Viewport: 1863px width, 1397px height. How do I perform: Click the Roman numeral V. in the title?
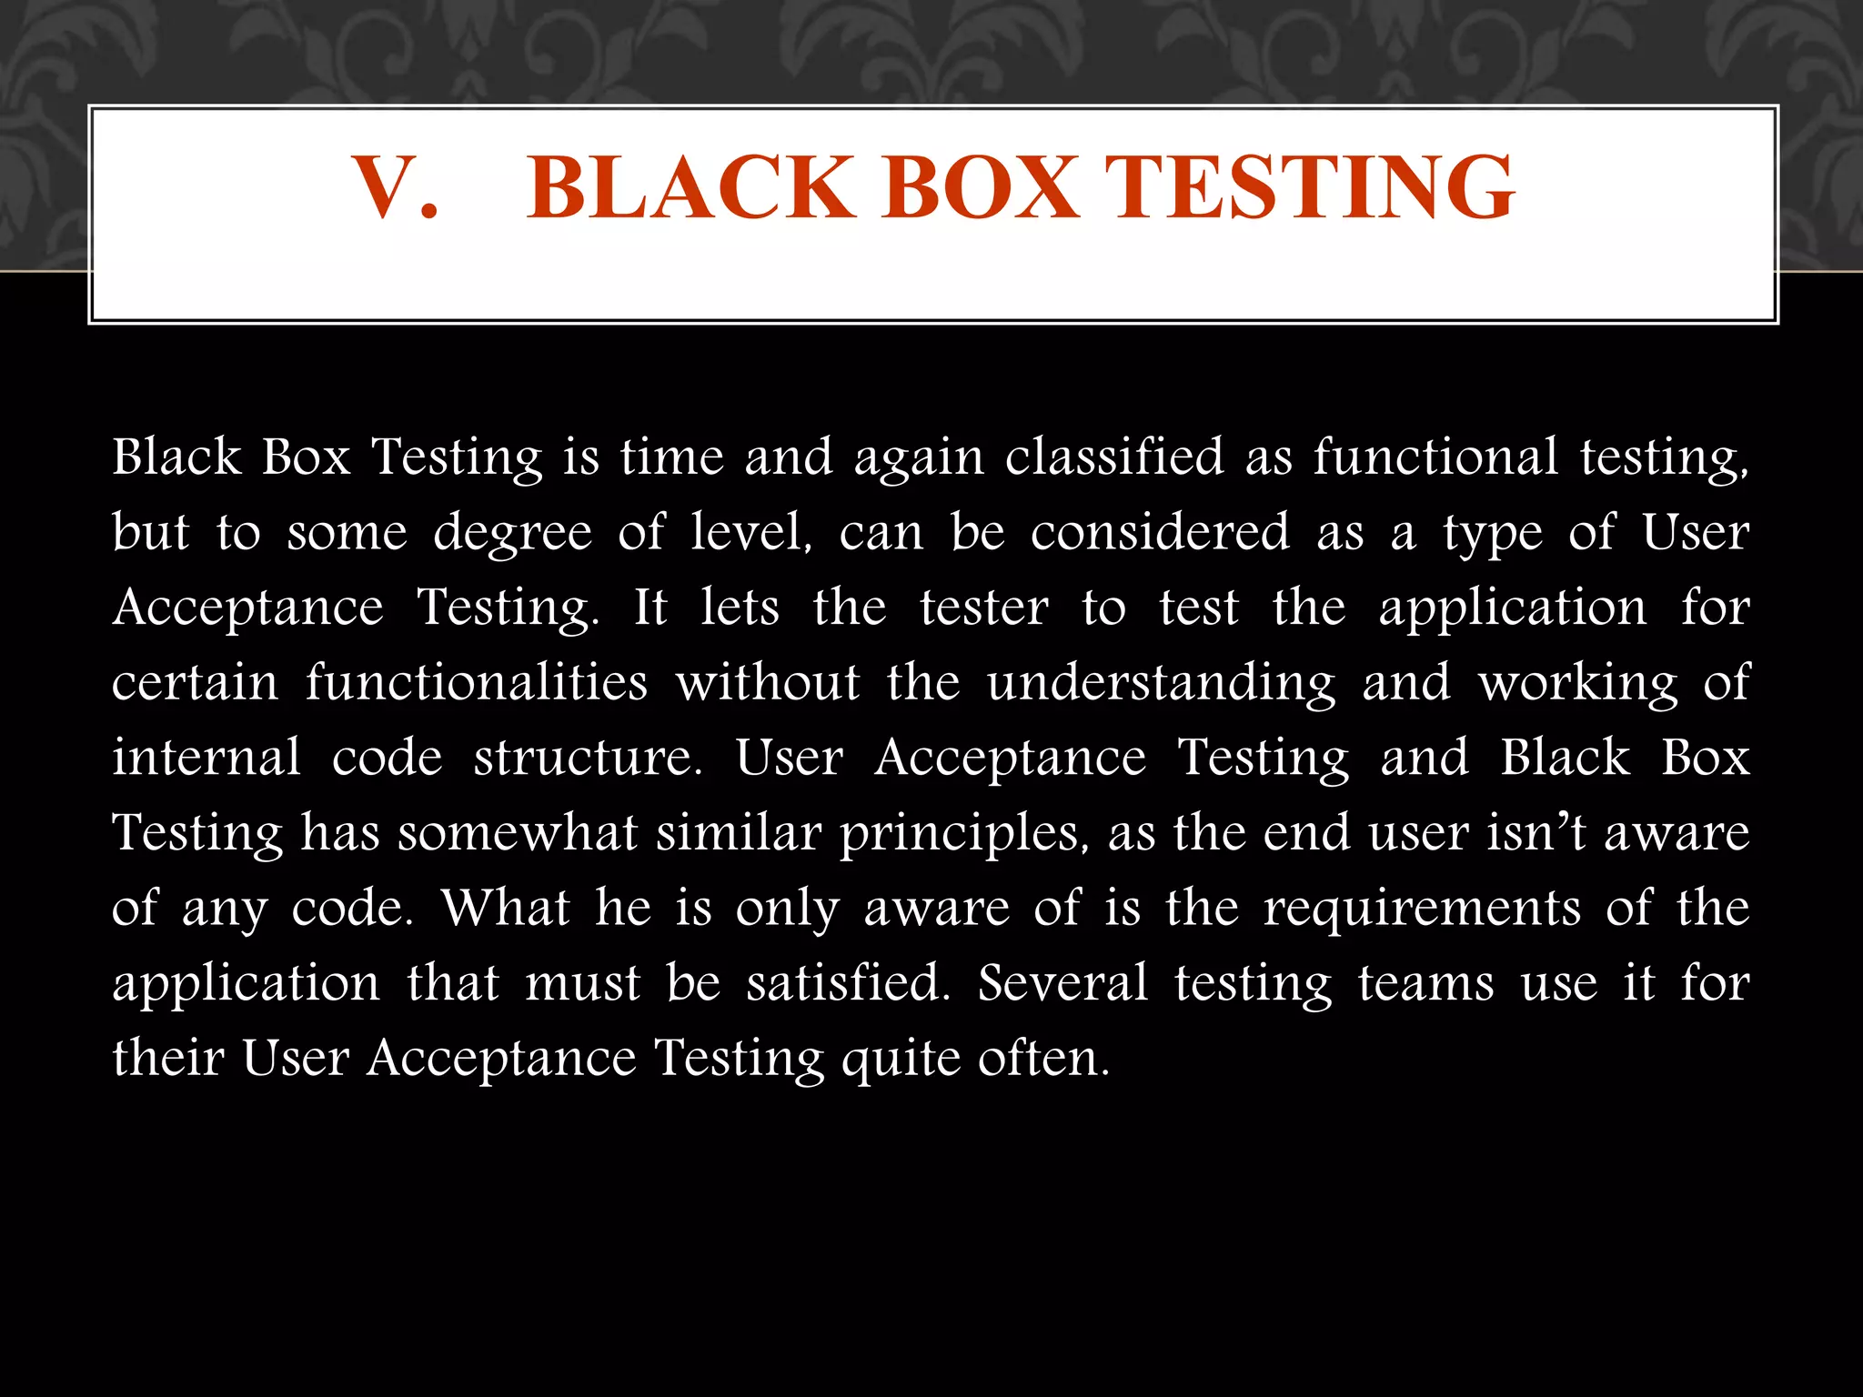coord(394,187)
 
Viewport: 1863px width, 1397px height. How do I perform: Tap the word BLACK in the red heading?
coord(690,187)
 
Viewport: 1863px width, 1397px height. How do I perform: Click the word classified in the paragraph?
coord(1114,457)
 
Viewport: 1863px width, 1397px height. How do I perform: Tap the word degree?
coord(512,533)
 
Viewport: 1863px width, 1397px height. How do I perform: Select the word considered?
coord(1160,531)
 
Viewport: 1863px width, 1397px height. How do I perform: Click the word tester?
coord(983,608)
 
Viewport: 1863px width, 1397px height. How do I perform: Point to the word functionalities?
coord(476,682)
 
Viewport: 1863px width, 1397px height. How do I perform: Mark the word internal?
coord(206,758)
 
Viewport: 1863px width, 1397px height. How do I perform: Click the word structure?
coord(588,758)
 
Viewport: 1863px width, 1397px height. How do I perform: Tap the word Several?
coord(1062,983)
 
